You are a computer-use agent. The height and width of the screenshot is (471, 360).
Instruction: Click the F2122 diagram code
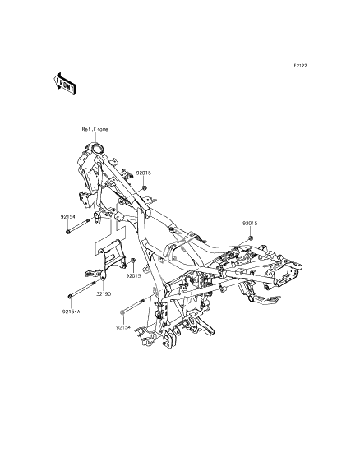300,66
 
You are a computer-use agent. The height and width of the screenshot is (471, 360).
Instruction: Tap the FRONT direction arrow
65,84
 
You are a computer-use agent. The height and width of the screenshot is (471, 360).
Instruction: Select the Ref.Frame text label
95,130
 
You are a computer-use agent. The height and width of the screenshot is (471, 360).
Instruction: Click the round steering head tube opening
97,149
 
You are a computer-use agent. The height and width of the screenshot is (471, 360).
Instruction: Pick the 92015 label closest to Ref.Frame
144,173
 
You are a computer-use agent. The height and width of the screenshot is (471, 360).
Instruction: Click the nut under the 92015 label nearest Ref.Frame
145,188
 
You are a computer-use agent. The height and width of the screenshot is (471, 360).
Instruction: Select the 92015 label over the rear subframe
250,224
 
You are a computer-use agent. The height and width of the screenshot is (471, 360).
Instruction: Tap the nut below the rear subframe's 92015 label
250,238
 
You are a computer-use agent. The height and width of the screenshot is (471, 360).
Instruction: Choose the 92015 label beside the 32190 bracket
133,275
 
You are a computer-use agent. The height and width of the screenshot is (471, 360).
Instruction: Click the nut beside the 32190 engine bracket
134,260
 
